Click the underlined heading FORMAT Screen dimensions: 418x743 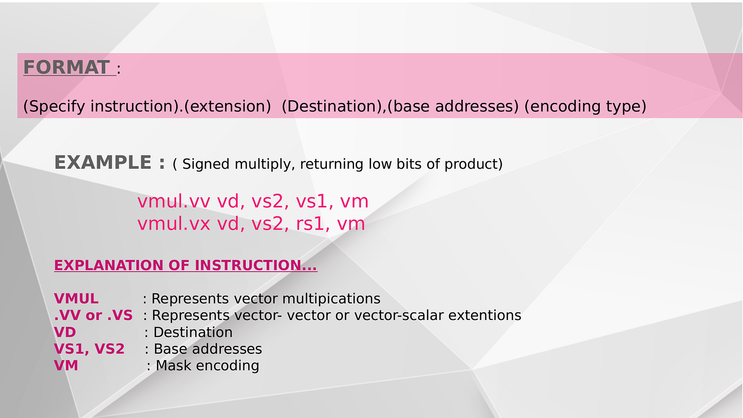click(66, 67)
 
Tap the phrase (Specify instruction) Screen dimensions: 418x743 click(99, 106)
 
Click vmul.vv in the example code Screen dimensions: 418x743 click(174, 202)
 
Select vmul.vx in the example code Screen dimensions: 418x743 click(174, 224)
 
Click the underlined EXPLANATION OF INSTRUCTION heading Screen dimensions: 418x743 click(185, 265)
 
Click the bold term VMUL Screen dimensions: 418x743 click(76, 299)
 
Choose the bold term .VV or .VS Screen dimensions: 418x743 click(93, 315)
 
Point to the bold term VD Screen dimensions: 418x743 click(65, 332)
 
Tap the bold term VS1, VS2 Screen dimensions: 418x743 click(89, 349)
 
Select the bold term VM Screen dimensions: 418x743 click(66, 365)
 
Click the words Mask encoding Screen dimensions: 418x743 click(207, 365)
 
